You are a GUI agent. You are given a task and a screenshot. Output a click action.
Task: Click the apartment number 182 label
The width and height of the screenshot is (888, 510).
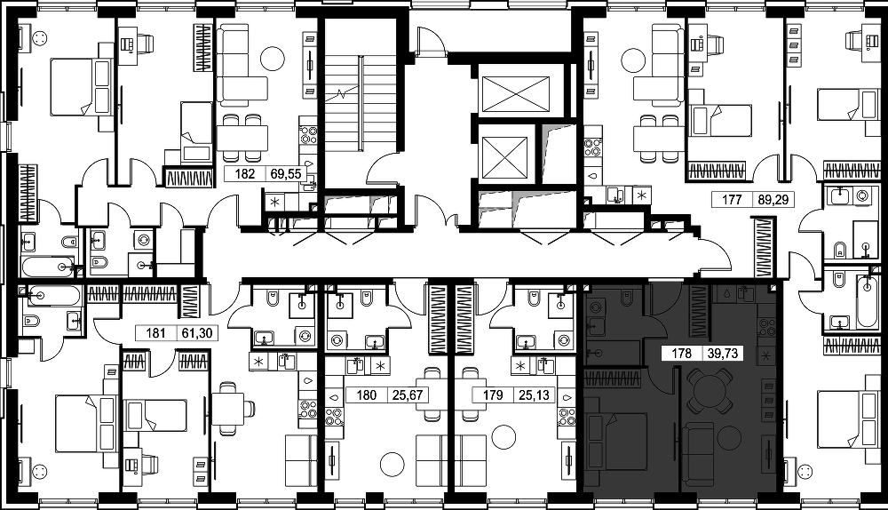coord(245,173)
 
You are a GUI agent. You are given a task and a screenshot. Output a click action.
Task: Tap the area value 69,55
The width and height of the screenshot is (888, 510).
coord(286,173)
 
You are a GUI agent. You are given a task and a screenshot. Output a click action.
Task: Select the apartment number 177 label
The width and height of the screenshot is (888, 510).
coord(732,199)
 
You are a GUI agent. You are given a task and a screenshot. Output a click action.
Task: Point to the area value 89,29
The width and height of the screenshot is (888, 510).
coord(773,199)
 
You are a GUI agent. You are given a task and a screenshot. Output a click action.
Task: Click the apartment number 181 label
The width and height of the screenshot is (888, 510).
coord(155,332)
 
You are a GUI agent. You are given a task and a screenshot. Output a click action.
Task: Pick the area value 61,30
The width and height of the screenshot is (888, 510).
coord(196,332)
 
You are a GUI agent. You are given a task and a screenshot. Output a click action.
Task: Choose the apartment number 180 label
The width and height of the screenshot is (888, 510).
coord(367,394)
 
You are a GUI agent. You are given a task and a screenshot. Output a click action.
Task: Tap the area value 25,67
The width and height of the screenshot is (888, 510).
coord(408,394)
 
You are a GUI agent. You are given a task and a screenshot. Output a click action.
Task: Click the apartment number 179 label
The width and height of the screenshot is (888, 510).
coord(493,394)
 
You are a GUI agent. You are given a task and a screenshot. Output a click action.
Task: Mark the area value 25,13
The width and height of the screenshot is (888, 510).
coord(534,394)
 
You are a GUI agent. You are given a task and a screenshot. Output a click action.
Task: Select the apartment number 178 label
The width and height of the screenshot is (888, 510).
coord(681,354)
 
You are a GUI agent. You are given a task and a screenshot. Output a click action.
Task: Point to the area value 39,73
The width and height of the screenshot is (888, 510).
coord(723,354)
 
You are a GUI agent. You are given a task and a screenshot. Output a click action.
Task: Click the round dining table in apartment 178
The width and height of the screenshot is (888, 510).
coord(709,391)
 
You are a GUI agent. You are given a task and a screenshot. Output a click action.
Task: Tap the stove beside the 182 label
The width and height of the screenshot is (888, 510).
coord(309,136)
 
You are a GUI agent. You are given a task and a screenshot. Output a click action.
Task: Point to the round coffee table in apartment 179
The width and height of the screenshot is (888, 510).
coord(503,437)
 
